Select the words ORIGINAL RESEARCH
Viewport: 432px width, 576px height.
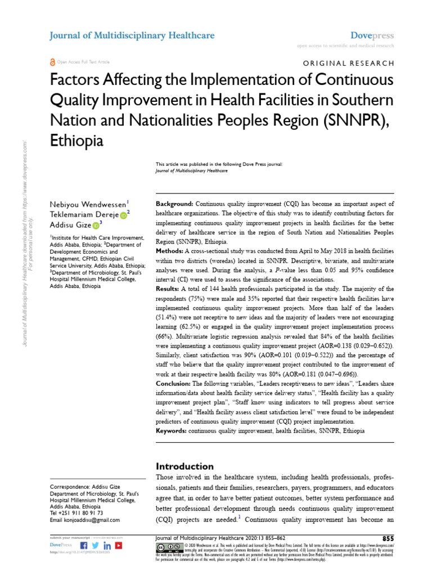(x=349, y=64)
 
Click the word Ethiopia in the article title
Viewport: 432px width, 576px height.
(x=77, y=141)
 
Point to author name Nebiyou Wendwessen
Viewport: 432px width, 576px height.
(x=89, y=204)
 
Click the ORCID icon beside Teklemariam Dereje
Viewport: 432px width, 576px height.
(x=123, y=213)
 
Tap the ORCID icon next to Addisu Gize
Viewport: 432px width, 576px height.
(x=95, y=224)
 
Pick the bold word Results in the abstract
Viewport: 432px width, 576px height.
(x=168, y=287)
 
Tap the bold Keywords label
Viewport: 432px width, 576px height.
(x=171, y=431)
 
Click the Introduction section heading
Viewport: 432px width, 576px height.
(x=184, y=466)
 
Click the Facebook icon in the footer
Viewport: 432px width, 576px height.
(x=84, y=546)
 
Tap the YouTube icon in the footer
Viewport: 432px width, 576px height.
(x=119, y=546)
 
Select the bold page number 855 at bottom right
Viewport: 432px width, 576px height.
(x=388, y=539)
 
